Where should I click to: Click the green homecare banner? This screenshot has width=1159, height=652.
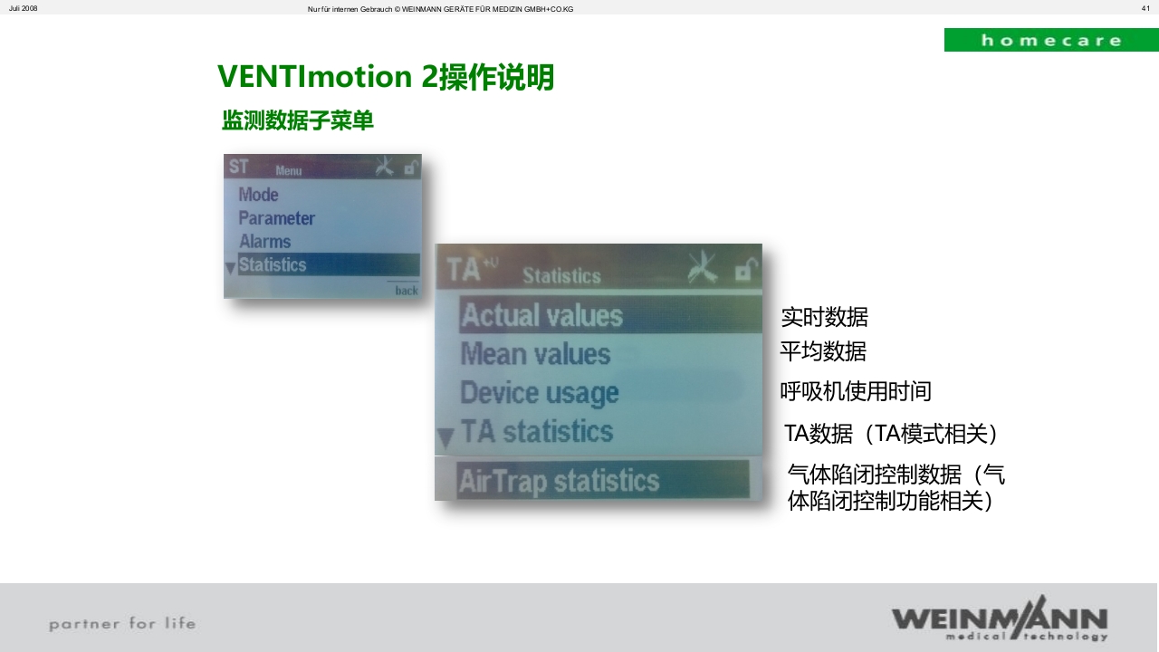1050,40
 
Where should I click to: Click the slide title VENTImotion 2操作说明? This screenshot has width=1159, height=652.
386,77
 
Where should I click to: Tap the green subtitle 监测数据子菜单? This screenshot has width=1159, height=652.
297,120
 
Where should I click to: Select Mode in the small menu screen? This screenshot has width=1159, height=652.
258,195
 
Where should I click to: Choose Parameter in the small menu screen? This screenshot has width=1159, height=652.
276,218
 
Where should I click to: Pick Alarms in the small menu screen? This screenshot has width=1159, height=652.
264,242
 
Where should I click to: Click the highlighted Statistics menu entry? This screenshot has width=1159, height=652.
273,265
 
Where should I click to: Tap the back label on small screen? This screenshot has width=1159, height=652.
407,290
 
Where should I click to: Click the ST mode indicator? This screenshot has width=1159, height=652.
238,167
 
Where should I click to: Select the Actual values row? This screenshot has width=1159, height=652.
541,316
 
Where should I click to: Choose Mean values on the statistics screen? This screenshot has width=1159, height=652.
535,354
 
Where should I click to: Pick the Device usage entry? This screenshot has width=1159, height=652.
539,393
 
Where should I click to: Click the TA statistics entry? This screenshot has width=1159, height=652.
537,432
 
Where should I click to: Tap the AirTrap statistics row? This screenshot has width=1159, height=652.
559,480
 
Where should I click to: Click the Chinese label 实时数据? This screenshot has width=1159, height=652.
824,317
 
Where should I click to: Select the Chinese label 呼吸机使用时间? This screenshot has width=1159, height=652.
856,391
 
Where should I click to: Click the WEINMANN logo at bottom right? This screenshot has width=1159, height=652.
999,618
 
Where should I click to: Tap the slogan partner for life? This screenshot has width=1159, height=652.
122,623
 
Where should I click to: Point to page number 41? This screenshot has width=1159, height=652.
1145,8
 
